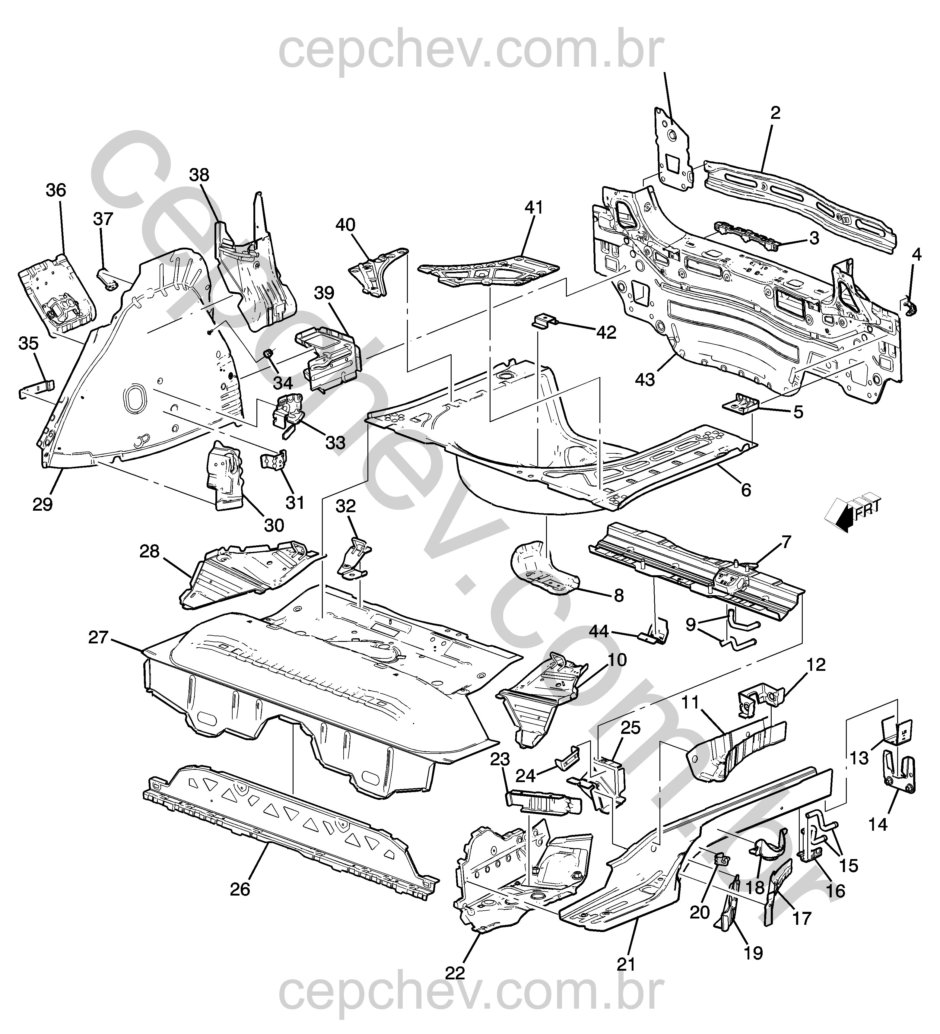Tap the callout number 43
pyautogui.click(x=645, y=380)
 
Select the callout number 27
pyautogui.click(x=98, y=638)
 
